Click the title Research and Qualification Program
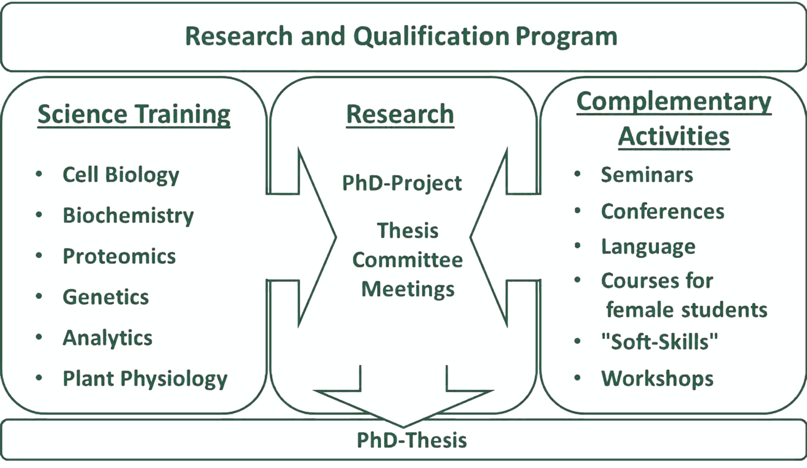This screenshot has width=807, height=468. tap(401, 37)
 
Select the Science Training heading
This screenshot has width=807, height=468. tap(134, 115)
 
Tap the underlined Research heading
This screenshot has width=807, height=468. tap(400, 115)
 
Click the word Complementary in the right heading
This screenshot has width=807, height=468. tap(674, 101)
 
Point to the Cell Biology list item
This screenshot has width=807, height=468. tap(121, 175)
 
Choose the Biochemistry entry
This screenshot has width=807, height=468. tap(128, 216)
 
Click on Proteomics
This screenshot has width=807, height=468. tap(119, 256)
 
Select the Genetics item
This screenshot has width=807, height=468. tap(106, 297)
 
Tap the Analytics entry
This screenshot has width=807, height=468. tap(108, 338)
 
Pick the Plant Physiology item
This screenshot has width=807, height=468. tap(145, 379)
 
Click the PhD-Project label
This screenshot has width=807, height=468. tap(402, 183)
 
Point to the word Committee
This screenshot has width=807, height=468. tap(407, 260)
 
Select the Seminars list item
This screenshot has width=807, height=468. tap(647, 175)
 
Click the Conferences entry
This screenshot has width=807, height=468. tap(663, 212)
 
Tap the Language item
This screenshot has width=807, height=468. tap(648, 247)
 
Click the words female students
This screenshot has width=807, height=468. tap(686, 310)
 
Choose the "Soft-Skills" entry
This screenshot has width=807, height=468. tap(659, 342)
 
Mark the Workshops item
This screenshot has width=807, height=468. tap(657, 379)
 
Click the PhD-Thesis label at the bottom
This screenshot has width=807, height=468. tap(411, 440)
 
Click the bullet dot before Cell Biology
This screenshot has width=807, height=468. tap(39, 174)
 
